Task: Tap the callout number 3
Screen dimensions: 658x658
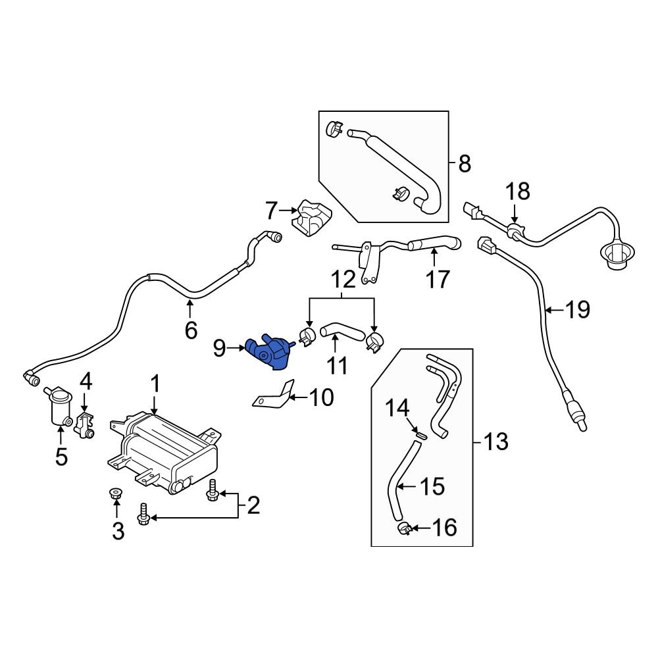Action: [118, 530]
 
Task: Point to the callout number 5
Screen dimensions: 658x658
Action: [61, 457]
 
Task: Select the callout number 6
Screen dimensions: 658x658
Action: [191, 330]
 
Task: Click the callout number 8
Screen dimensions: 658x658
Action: [465, 163]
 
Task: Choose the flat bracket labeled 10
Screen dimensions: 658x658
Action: [274, 397]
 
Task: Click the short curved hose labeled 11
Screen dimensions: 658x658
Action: [343, 330]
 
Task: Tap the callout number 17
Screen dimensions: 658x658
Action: [437, 279]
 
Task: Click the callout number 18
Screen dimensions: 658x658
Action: [517, 193]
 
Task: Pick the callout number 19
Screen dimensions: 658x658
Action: [577, 309]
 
